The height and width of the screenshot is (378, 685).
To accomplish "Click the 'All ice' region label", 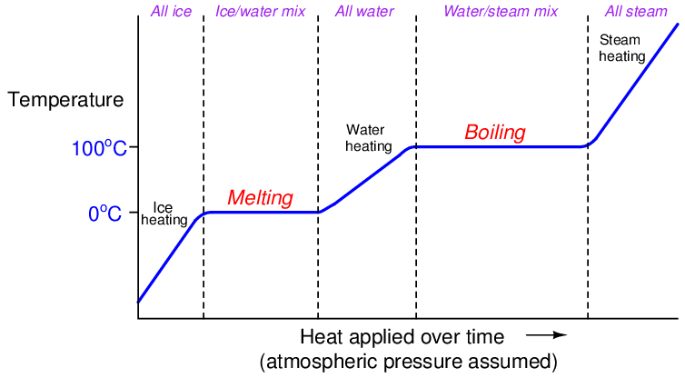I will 170,11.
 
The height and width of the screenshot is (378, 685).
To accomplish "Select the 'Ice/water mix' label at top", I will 261,11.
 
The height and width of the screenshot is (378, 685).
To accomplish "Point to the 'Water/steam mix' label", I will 501,11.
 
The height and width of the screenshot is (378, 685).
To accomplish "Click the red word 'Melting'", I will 260,197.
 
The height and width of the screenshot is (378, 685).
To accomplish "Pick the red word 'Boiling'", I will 495,133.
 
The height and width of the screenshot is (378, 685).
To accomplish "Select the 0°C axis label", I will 107,214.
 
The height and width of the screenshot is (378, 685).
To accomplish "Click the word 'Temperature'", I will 65,100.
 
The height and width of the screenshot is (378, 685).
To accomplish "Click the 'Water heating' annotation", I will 368,138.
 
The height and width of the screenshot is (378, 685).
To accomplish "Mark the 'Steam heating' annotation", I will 622,48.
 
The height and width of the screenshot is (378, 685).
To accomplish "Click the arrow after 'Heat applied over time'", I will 546,336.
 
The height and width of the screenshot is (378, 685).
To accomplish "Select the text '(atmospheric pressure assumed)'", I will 407,362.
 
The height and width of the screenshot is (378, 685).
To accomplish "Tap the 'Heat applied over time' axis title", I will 401,337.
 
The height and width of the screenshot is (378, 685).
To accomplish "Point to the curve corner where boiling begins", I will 415,146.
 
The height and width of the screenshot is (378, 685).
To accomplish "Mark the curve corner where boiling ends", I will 588,145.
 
